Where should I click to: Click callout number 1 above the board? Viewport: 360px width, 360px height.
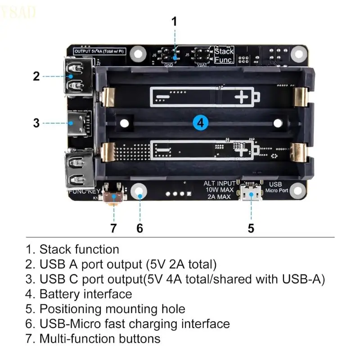(175, 22)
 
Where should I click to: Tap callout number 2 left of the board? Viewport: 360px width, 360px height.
(37, 76)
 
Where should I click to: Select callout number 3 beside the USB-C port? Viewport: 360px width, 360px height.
(37, 122)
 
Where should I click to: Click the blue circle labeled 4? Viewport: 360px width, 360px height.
(201, 122)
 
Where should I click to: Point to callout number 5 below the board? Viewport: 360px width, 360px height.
(251, 228)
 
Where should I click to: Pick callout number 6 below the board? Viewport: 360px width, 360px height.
(139, 228)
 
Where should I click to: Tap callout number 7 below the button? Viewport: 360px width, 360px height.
(113, 228)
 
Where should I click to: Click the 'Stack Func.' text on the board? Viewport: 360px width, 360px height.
(224, 55)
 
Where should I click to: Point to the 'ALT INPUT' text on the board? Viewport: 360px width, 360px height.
(219, 183)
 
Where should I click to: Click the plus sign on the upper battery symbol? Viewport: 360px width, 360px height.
(243, 97)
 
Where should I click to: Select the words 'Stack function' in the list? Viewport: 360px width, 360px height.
(79, 249)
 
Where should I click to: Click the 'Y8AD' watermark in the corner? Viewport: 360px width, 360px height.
(18, 13)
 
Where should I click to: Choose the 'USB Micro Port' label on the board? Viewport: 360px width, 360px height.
(275, 187)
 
